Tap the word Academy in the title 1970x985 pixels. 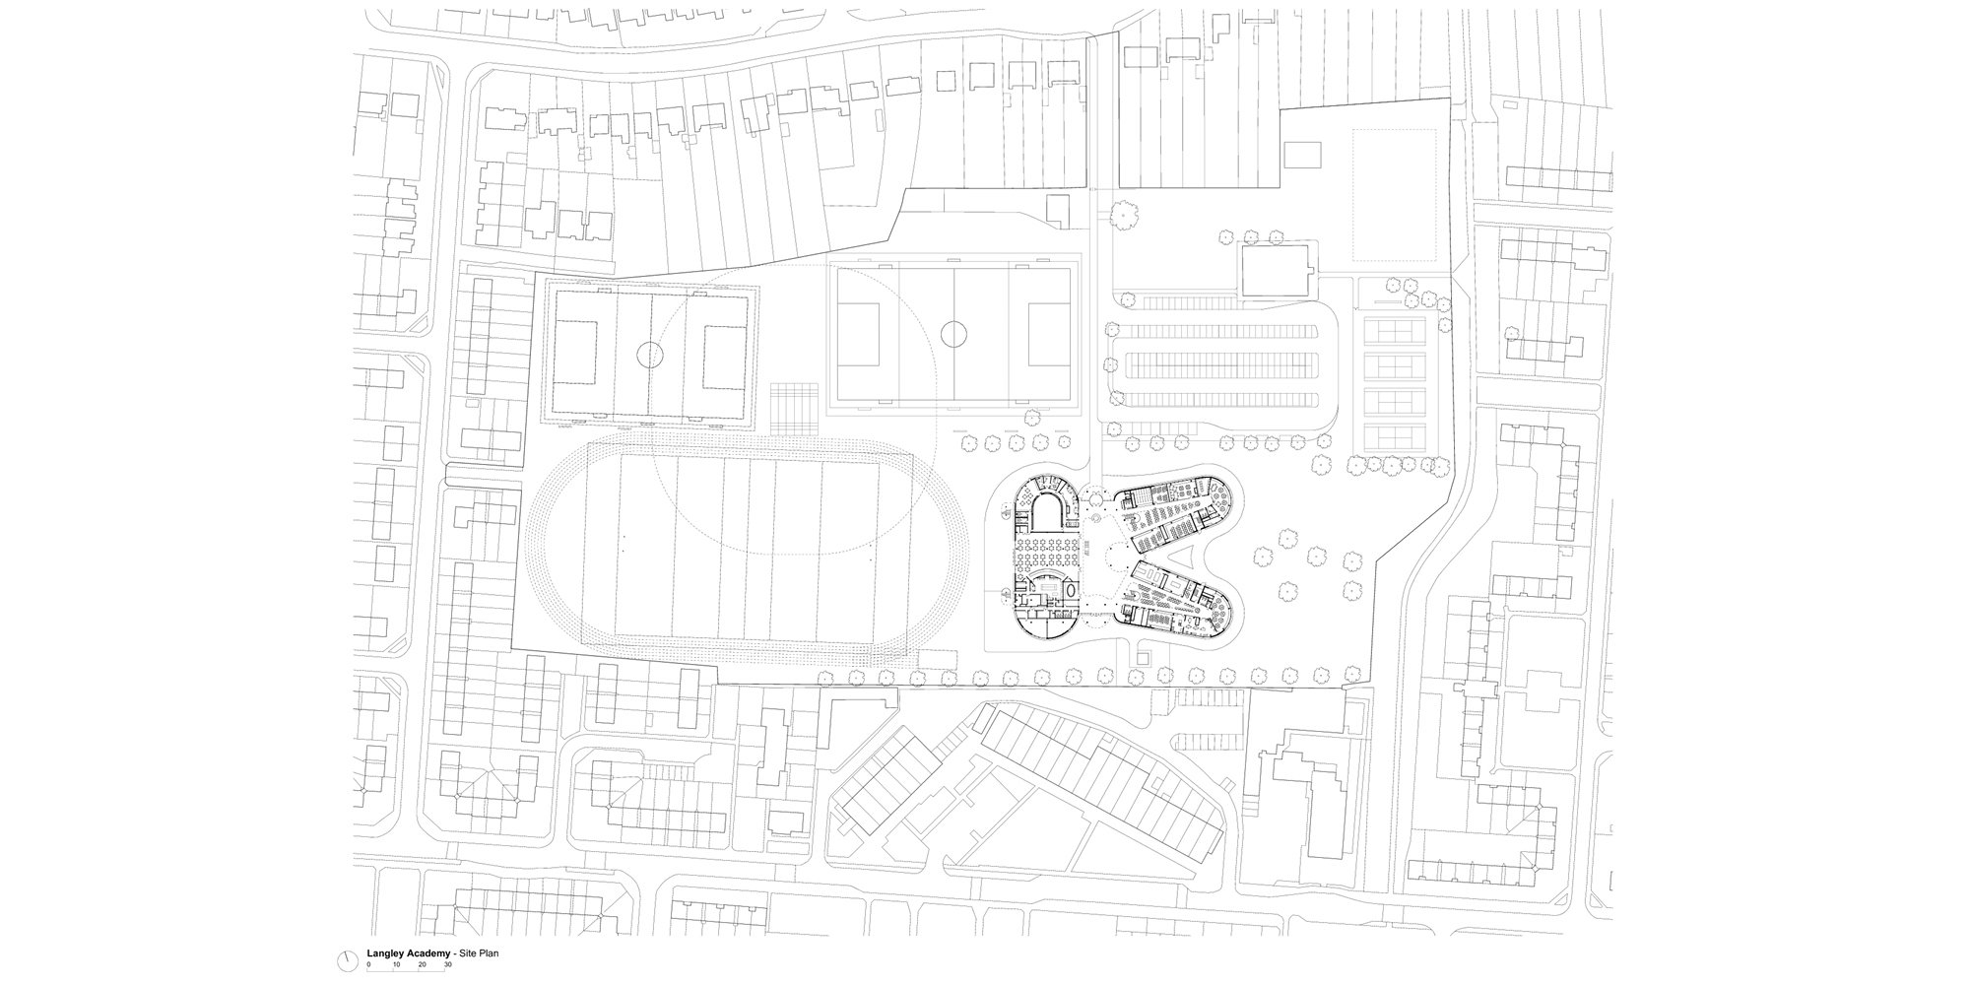point(428,954)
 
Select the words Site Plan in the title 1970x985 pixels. point(475,954)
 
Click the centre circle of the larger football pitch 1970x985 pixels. point(953,334)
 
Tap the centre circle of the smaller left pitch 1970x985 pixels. point(649,354)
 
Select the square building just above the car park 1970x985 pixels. point(1278,270)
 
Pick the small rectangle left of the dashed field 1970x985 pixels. point(1303,155)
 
